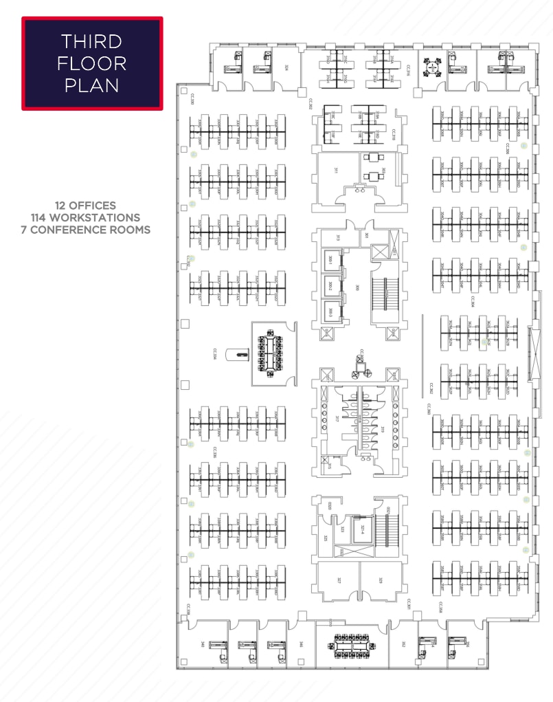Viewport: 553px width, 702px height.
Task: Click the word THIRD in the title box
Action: (92, 41)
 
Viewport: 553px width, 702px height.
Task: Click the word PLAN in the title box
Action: (92, 85)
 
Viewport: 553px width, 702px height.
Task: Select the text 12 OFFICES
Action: (86, 205)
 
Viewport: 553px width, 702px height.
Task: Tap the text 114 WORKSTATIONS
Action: (86, 217)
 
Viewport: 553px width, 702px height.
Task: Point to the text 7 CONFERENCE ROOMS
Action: (86, 230)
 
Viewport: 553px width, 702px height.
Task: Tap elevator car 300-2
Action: (331, 287)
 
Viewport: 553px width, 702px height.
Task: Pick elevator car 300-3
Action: (331, 312)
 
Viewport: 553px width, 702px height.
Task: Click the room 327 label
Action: (339, 580)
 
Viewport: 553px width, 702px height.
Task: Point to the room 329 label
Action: (380, 580)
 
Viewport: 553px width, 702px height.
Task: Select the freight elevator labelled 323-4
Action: (362, 529)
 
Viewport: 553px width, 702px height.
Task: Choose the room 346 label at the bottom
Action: (301, 644)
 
